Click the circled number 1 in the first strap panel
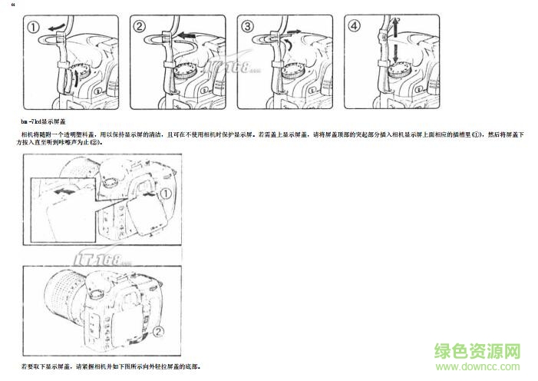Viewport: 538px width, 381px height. pos(34,28)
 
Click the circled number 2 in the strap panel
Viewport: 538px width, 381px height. pos(140,28)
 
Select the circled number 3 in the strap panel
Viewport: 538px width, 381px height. pos(247,28)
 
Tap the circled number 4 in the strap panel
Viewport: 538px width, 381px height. pos(354,27)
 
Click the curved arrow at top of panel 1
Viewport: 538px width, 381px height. pos(56,28)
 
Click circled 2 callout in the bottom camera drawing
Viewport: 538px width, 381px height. pos(157,333)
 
